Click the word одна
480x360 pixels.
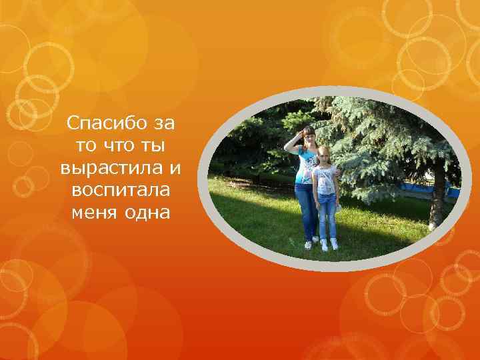tap(147, 213)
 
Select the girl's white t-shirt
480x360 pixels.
tap(325, 179)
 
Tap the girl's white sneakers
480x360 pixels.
tap(329, 245)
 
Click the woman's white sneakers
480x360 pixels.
tap(311, 243)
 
